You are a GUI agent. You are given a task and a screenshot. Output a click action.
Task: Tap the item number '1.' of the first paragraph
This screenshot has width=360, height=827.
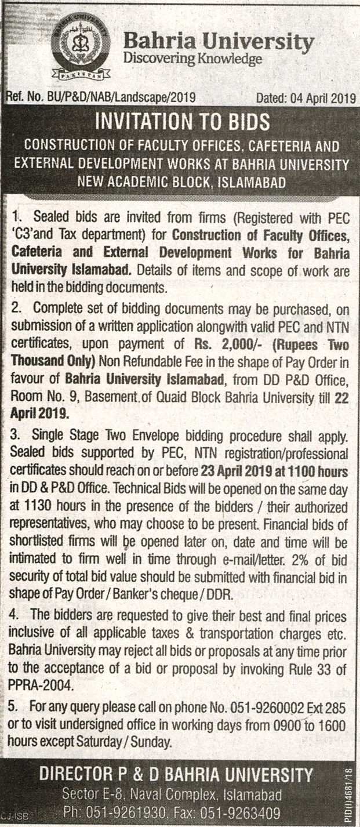pyautogui.click(x=18, y=217)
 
